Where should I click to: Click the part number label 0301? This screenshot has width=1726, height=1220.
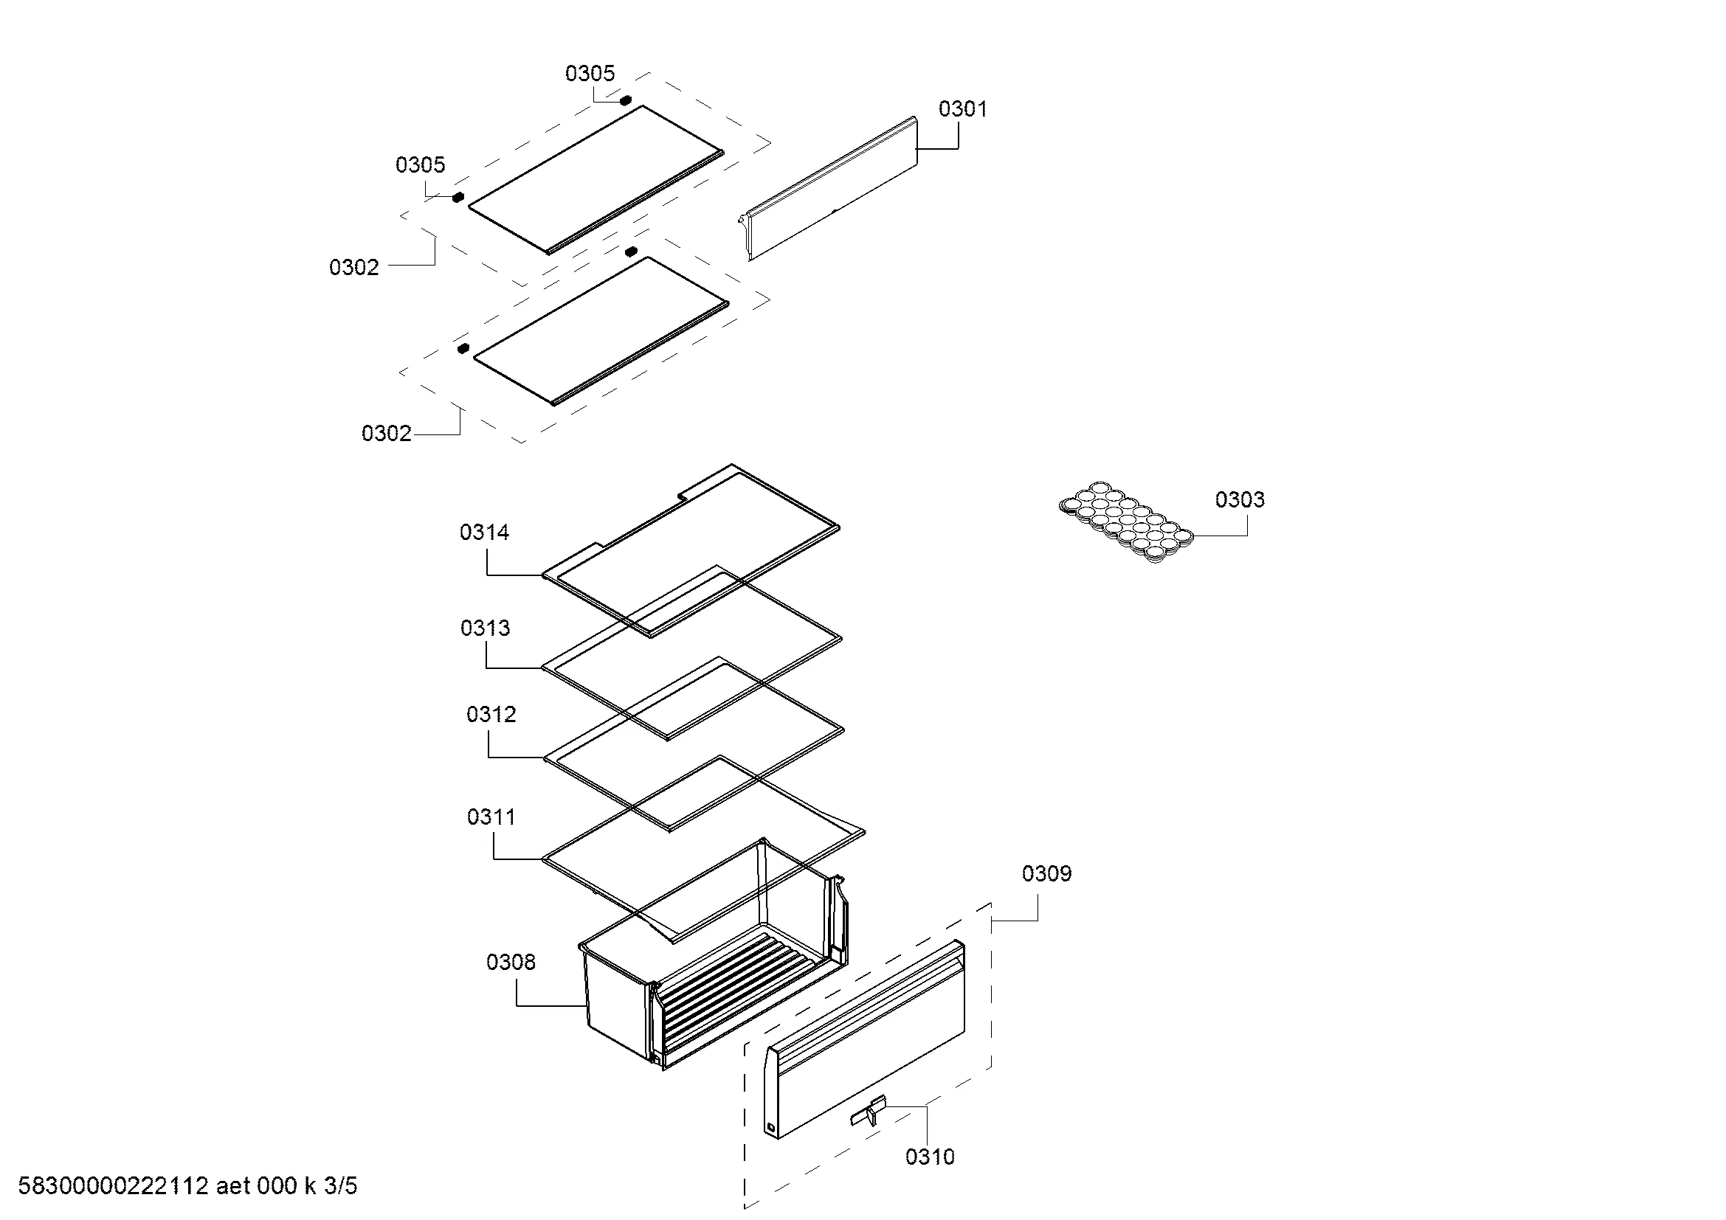962,109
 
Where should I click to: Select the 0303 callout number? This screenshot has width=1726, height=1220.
1240,499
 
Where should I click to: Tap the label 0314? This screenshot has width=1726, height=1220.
484,533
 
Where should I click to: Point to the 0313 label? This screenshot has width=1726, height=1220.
485,628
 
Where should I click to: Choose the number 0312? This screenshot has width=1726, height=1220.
491,715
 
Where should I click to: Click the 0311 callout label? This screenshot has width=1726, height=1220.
491,817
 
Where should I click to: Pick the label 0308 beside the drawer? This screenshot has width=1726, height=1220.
511,963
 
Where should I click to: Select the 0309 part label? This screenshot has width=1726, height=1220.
1046,873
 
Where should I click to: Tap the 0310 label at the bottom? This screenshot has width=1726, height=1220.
930,1157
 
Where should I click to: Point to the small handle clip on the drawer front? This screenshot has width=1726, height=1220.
869,1111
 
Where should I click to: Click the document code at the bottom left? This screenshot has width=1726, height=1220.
188,1186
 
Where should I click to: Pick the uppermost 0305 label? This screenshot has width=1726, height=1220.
590,74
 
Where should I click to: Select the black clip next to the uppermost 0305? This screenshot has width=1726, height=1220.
625,100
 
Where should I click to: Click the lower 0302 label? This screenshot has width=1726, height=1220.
387,434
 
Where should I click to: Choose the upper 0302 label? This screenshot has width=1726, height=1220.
354,268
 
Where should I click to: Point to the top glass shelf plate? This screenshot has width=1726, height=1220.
596,179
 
